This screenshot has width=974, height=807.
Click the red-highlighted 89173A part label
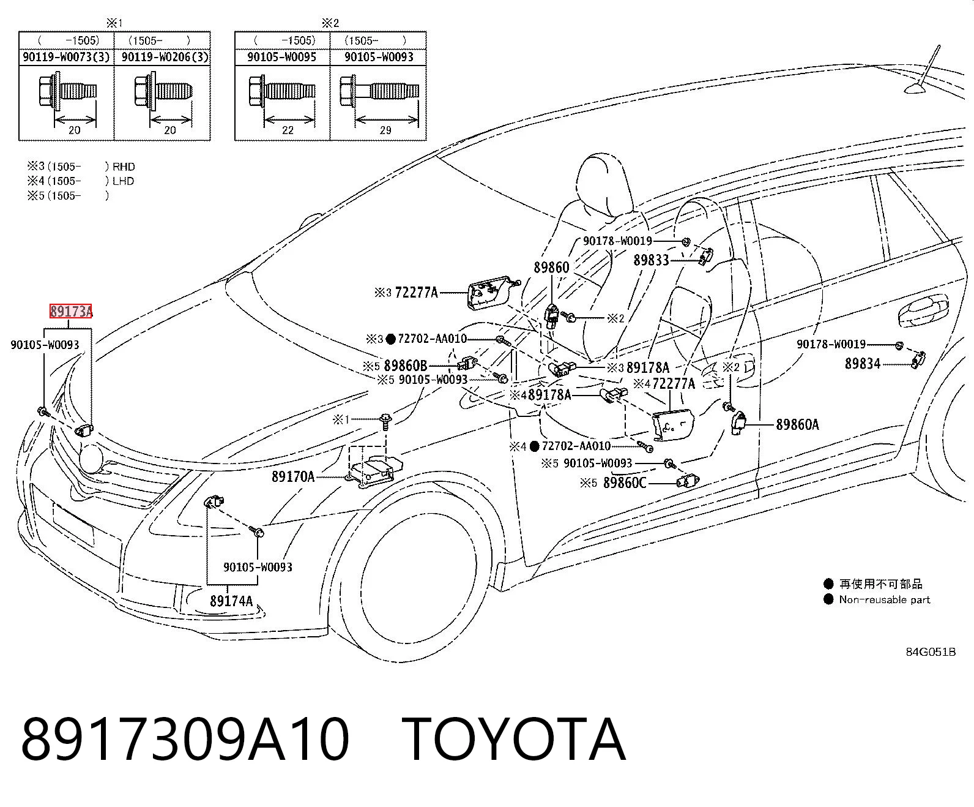71,311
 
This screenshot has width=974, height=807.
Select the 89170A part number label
293,476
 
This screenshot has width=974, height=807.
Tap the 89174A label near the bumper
231,601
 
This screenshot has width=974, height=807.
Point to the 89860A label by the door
797,424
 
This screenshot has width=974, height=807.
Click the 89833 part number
651,260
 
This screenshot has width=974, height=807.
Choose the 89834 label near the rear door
863,363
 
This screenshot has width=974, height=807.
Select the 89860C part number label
625,482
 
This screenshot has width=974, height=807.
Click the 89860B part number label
406,366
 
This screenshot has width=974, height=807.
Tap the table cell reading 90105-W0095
282,57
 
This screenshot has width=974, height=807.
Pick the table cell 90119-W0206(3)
165,57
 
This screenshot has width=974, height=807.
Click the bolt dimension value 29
385,130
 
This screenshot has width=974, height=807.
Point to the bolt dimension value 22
288,130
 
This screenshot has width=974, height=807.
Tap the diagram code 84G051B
931,652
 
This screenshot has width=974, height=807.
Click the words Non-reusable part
885,599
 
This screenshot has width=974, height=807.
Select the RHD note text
124,167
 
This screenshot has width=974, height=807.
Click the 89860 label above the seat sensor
551,268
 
